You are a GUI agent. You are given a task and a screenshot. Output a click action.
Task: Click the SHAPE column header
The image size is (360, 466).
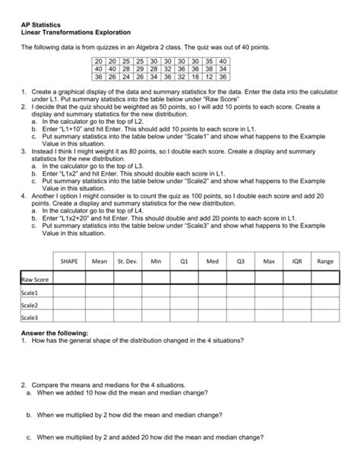click(x=69, y=261)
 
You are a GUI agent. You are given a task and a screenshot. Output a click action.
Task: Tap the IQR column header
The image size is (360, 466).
click(x=296, y=261)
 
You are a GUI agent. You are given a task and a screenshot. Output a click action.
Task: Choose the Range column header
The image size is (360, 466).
click(x=326, y=261)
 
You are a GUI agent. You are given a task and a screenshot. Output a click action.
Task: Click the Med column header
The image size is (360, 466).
click(x=212, y=261)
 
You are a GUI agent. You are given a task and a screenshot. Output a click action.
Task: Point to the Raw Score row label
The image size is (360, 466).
click(x=35, y=279)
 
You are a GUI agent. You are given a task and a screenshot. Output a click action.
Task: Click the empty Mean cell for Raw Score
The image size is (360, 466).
click(x=99, y=279)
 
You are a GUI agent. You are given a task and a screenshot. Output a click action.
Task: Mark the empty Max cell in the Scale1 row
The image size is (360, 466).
click(x=268, y=292)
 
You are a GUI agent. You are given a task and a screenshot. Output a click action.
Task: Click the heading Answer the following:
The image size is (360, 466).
click(x=55, y=333)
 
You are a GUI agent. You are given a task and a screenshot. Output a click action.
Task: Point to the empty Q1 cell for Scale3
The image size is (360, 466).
click(x=184, y=318)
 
